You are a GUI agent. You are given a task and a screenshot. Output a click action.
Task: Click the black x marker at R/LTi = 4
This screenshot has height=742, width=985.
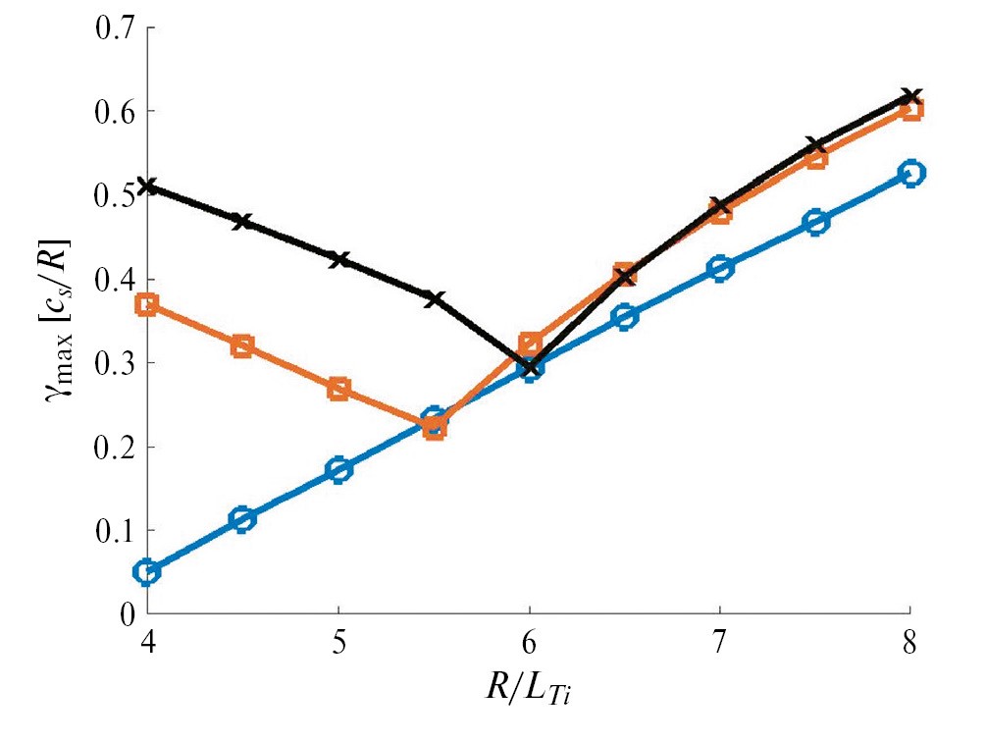(x=148, y=185)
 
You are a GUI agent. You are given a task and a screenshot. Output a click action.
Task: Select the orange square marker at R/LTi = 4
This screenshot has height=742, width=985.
(x=148, y=304)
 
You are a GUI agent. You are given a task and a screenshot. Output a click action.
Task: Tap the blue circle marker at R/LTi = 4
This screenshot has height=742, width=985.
(x=148, y=572)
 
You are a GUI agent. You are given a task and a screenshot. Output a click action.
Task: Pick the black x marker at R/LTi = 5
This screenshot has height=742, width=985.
(x=339, y=260)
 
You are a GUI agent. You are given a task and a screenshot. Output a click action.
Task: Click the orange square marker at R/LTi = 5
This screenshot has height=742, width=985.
(x=339, y=389)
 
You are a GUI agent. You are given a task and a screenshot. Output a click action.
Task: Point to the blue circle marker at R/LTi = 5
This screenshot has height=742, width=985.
(x=339, y=469)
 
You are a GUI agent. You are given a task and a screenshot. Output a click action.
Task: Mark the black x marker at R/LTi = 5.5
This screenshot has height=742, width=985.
(x=435, y=298)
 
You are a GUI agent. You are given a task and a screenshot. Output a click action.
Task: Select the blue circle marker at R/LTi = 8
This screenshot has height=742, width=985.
(x=911, y=174)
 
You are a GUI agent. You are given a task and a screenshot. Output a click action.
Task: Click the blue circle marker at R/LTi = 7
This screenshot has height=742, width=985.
(x=721, y=268)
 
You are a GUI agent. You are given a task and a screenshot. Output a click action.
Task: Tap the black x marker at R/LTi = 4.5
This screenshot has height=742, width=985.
(x=243, y=222)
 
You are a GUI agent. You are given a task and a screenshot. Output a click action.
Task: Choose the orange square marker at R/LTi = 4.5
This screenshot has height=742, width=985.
(x=243, y=345)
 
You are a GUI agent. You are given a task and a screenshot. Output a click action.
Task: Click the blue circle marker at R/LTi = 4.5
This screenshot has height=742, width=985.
(x=243, y=519)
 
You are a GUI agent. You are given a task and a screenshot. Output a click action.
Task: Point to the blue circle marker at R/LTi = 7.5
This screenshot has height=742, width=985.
(x=816, y=222)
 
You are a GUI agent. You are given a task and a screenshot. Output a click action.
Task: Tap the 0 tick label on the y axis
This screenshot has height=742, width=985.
(x=127, y=615)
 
